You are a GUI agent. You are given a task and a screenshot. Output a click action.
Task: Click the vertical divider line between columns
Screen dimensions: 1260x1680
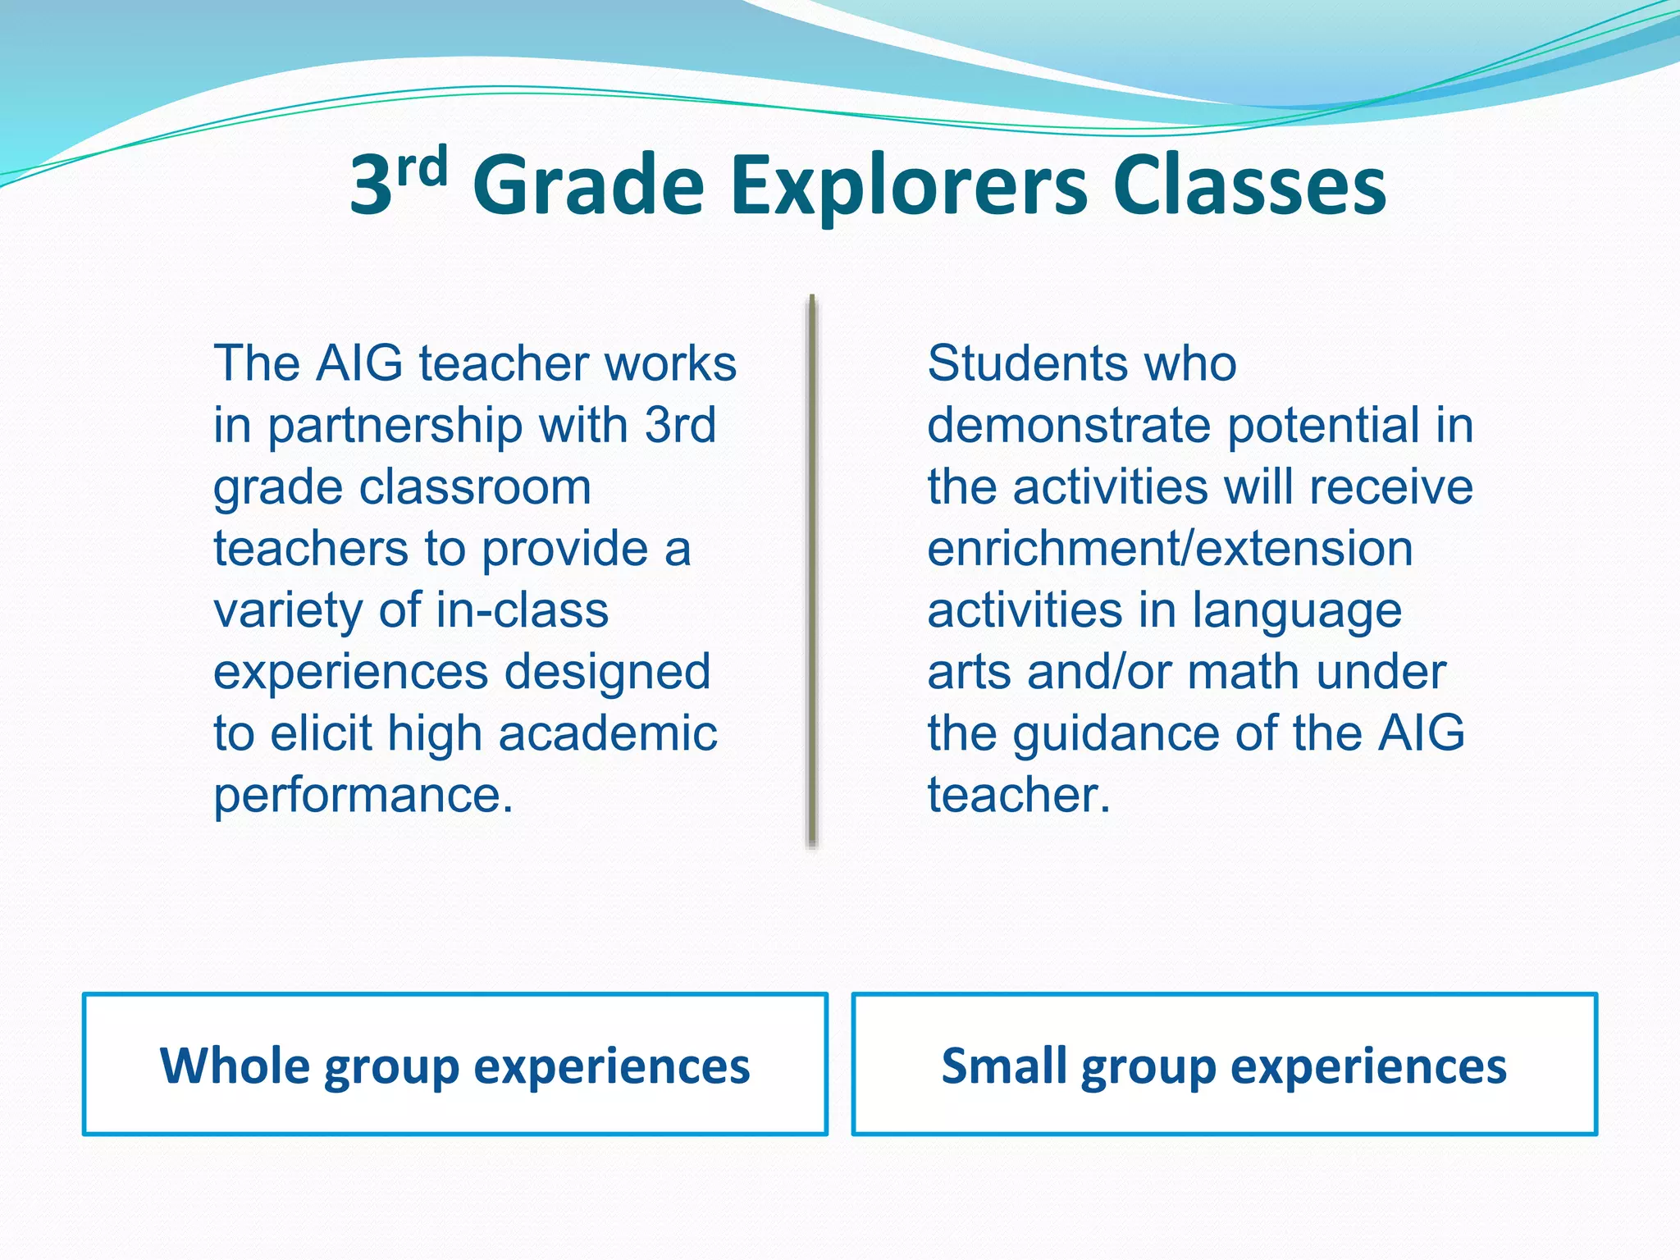812,570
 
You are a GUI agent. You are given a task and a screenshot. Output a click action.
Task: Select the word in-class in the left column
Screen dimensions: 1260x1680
522,610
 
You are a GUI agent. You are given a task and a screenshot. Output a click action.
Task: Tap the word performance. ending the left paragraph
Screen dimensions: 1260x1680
363,796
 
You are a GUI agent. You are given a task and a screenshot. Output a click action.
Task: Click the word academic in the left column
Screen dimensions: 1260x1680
607,733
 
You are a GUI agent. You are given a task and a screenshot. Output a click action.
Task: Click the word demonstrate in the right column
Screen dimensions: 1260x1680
1069,426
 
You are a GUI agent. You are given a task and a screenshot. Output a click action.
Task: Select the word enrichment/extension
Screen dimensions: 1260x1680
1170,549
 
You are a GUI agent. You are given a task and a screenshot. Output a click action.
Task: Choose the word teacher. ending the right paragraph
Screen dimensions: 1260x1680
1019,796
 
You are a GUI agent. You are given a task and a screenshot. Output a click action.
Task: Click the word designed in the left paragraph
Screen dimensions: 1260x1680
607,673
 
